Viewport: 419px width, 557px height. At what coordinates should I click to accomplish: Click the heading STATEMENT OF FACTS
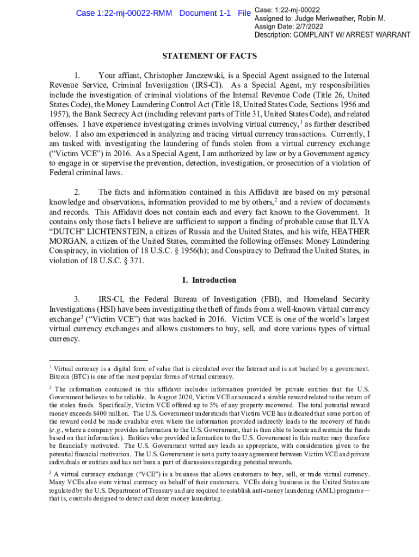(x=209, y=56)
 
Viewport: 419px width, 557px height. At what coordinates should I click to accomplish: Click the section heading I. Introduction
(x=209, y=280)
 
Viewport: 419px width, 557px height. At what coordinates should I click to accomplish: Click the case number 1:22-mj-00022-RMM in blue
(x=124, y=13)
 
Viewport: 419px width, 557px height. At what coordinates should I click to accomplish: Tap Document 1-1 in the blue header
(x=205, y=13)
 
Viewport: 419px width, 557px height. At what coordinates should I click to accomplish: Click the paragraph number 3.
(x=78, y=300)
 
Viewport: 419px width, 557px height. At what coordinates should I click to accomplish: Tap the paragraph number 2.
(x=78, y=192)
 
